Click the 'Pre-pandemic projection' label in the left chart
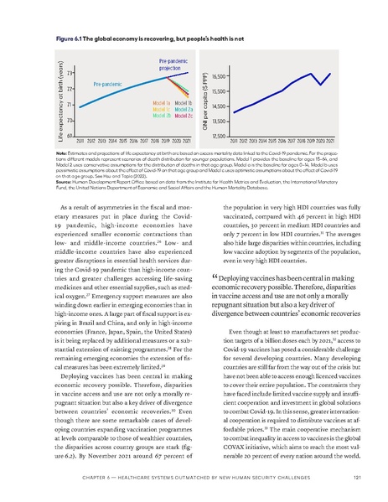(x=173, y=65)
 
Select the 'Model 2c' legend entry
(x=185, y=115)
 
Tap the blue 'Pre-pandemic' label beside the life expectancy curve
(x=108, y=85)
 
